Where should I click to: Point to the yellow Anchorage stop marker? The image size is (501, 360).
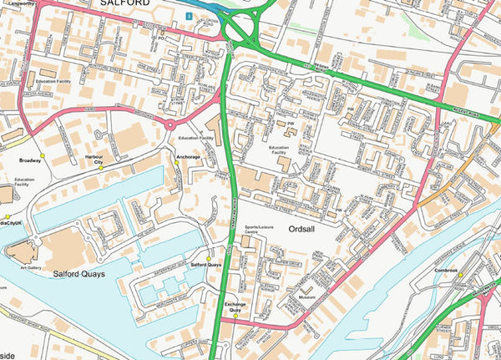tap(177, 164)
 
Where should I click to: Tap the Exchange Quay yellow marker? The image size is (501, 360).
tap(236, 316)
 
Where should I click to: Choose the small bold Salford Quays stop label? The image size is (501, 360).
tap(206, 265)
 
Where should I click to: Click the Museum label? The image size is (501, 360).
tap(306, 297)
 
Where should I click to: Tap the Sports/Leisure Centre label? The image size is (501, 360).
tap(260, 230)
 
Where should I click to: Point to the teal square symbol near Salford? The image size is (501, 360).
tap(190, 16)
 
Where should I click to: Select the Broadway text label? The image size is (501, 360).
tap(29, 158)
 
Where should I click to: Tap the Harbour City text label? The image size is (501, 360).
tap(93, 158)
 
